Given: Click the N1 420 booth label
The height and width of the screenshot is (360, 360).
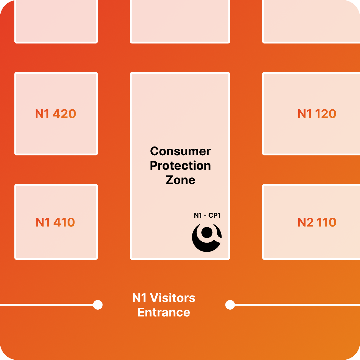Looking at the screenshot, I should [x=56, y=114].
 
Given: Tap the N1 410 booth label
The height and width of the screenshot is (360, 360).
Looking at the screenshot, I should [x=55, y=222].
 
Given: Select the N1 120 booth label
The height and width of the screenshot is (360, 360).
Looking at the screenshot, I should [x=317, y=114].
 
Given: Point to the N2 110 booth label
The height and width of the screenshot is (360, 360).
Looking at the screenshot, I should [x=317, y=222].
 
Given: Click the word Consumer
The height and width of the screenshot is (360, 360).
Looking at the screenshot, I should [x=180, y=151].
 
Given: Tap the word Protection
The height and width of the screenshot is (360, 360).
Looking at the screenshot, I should [x=180, y=166].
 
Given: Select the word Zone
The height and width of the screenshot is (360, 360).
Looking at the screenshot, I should [x=180, y=180].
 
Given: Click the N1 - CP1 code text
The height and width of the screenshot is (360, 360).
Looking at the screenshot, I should [x=207, y=215].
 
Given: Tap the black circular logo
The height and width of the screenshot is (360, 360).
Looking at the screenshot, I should [x=207, y=238].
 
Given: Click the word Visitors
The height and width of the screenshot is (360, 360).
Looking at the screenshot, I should [x=173, y=298].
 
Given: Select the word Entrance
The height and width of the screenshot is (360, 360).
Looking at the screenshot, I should [x=164, y=312].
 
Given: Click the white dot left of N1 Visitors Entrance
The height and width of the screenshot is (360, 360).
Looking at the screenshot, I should [x=98, y=305].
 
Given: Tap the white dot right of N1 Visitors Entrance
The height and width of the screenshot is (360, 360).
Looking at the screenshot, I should [x=230, y=305].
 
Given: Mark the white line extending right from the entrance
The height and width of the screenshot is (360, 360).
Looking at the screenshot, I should [x=296, y=305].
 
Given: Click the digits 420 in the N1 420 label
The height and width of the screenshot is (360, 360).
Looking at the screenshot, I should [x=65, y=114].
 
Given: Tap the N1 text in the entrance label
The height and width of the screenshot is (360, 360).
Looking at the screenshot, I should [x=139, y=298].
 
